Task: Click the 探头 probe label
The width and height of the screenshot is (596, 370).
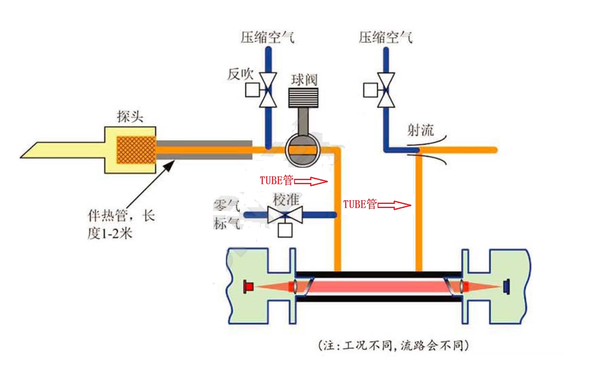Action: (x=130, y=117)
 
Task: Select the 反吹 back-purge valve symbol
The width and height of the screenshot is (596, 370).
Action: (x=268, y=90)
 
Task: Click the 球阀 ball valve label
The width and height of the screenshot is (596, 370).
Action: (x=304, y=80)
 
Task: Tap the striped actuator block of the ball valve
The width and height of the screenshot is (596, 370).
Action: (x=303, y=97)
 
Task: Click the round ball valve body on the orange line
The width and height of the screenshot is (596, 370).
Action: (x=303, y=150)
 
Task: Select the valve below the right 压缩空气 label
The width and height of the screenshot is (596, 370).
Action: (x=386, y=90)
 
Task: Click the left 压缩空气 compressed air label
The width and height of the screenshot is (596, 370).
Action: (x=267, y=37)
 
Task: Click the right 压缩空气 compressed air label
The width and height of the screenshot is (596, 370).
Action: (x=385, y=37)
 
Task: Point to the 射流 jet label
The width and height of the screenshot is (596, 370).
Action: (x=420, y=130)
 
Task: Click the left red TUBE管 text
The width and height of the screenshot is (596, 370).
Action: (x=276, y=180)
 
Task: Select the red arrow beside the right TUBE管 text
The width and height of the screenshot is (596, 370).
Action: (x=394, y=205)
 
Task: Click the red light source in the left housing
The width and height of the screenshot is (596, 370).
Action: (x=248, y=286)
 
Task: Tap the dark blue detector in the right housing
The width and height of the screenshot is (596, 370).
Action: (x=507, y=286)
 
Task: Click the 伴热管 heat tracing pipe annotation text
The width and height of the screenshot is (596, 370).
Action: (x=121, y=224)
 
